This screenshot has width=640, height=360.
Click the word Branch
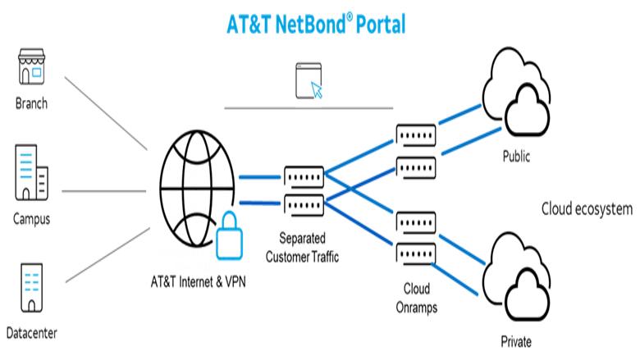click(x=31, y=104)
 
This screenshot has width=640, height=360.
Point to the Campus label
click(x=31, y=219)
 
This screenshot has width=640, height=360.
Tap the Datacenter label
click(x=31, y=334)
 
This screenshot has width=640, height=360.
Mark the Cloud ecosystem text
click(x=586, y=209)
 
